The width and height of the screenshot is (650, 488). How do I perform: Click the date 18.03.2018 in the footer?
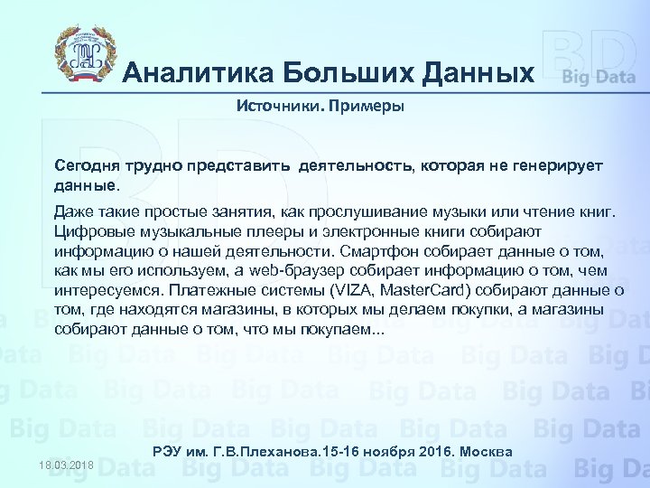(x=66, y=465)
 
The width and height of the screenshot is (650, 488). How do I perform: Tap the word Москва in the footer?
(x=488, y=451)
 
